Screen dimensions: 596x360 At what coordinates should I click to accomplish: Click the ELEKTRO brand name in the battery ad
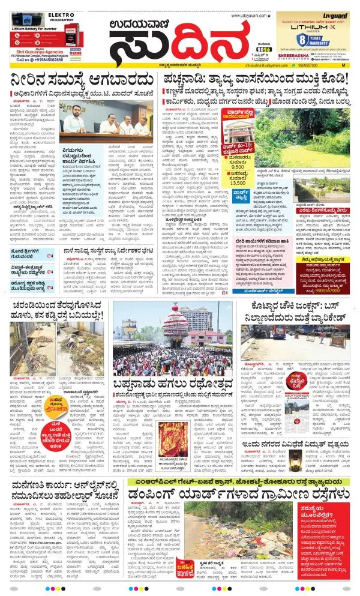coord(28,16)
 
